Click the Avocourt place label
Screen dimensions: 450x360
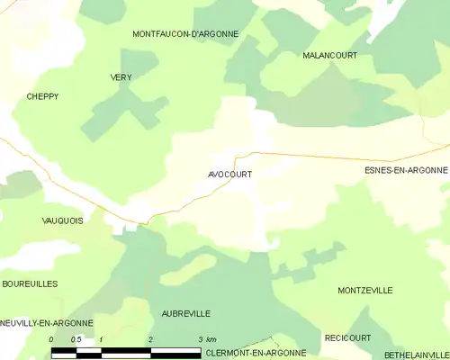[229, 175]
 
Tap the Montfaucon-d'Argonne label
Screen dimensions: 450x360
[185, 34]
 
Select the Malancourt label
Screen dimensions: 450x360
[329, 56]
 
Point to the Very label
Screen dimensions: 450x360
[121, 78]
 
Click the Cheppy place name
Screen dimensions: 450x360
[42, 96]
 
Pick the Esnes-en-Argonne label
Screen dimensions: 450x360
[405, 170]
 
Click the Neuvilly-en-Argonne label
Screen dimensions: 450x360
[47, 322]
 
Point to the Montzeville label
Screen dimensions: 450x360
[364, 291]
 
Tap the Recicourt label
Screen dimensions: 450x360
[347, 337]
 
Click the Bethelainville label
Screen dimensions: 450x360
[416, 355]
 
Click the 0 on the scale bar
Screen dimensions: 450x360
[51, 339]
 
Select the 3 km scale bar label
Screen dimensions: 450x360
[206, 339]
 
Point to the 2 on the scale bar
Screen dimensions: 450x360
[150, 339]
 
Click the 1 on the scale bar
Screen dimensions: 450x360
[101, 339]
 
